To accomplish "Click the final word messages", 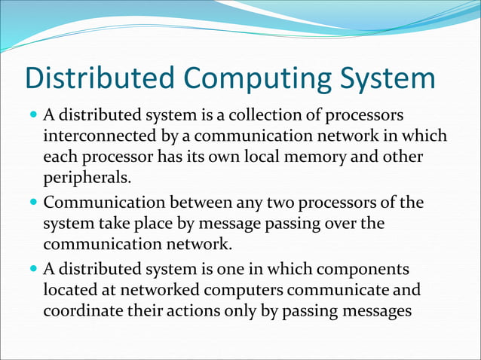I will (375, 311).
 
